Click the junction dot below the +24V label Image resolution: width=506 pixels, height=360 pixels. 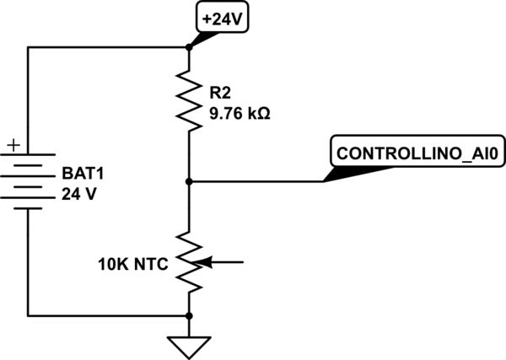tap(189, 47)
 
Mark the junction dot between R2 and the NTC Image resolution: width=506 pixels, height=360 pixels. tap(189, 180)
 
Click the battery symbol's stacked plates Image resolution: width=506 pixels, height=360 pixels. tap(28, 180)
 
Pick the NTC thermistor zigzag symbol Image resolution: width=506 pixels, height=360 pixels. tap(190, 262)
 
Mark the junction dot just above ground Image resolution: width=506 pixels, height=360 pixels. tap(189, 314)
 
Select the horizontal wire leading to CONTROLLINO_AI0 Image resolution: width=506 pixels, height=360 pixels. tap(253, 180)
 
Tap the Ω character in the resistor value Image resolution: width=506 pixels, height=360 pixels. tap(264, 111)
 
